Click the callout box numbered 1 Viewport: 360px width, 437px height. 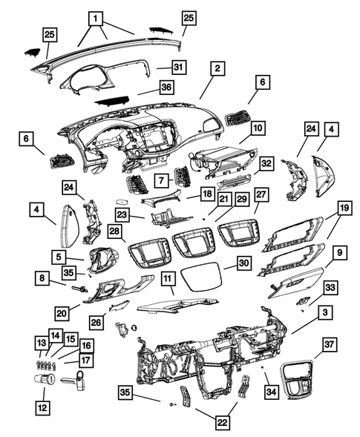click(95, 16)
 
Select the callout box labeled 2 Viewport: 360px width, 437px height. click(216, 69)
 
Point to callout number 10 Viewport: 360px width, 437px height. click(257, 128)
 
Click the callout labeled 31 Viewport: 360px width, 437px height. click(178, 68)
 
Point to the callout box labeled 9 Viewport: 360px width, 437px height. click(336, 254)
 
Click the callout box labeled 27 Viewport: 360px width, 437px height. click(261, 194)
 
